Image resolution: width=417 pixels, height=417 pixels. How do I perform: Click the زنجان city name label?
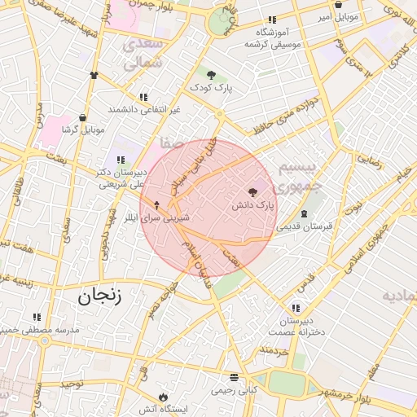point(99,295)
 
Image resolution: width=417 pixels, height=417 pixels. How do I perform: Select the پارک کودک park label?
point(212,87)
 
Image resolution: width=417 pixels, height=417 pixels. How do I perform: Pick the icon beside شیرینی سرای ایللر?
point(157,206)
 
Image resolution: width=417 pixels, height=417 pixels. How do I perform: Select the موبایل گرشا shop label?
point(80,129)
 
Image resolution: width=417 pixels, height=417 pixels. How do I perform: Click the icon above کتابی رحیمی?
point(235,378)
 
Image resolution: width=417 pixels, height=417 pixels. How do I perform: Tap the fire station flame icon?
point(165,397)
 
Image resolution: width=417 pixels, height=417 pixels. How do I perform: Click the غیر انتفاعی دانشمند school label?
point(144,108)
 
